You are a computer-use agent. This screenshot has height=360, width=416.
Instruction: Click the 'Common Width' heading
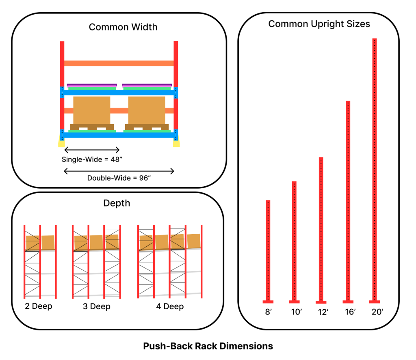tap(123, 28)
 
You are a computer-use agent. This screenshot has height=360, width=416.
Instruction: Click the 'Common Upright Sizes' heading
tap(319, 24)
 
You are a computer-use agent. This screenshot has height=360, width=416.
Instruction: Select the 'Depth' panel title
tap(117, 203)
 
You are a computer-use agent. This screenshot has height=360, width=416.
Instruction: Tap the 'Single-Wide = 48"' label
tap(92, 160)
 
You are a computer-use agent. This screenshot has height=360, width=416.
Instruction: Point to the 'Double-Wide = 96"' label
tap(119, 178)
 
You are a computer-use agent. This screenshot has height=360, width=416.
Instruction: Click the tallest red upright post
tap(375, 162)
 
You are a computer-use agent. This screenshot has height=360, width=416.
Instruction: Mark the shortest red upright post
tap(268, 248)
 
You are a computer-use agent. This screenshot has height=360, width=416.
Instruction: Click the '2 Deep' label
tap(39, 306)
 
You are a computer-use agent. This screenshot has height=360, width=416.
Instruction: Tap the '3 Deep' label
tap(97, 306)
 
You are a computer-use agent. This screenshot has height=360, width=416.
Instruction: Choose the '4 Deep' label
tap(170, 306)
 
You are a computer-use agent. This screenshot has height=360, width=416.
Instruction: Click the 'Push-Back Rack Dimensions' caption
tap(208, 346)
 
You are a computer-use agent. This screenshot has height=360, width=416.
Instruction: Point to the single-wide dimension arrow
tap(92, 149)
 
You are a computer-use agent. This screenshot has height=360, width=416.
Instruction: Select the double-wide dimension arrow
tap(119, 171)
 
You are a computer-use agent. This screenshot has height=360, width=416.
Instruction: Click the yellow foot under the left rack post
tap(61, 143)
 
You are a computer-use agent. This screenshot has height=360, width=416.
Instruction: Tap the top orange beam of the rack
tap(119, 63)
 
